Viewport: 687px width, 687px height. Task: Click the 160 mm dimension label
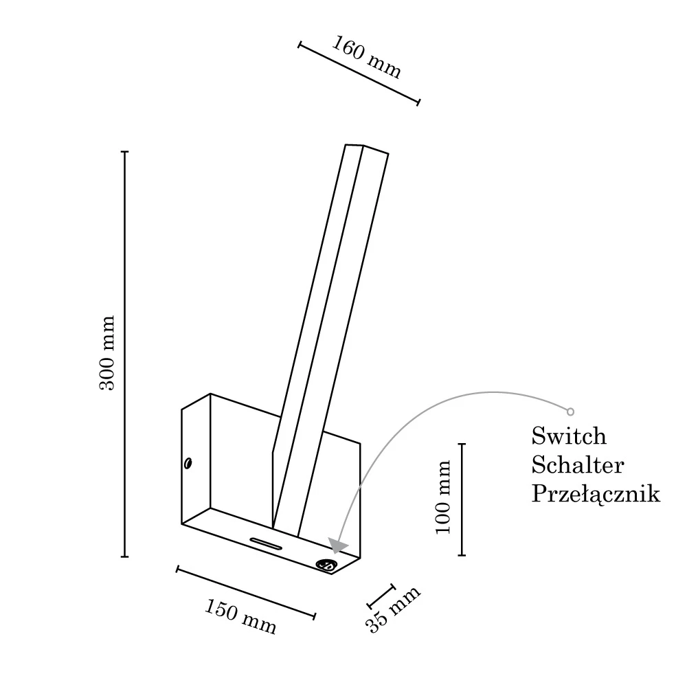pos(366,57)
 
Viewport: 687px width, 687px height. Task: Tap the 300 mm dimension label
pos(106,352)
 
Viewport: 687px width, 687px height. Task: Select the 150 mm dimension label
pos(240,617)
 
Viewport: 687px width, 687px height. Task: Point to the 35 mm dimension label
pos(392,609)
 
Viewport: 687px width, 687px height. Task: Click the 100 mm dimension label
pos(443,497)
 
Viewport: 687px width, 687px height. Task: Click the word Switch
pos(569,436)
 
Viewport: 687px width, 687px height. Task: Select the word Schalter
pos(578,465)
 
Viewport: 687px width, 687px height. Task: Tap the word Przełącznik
pos(596,494)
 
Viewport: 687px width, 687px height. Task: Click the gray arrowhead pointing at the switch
pos(337,545)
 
